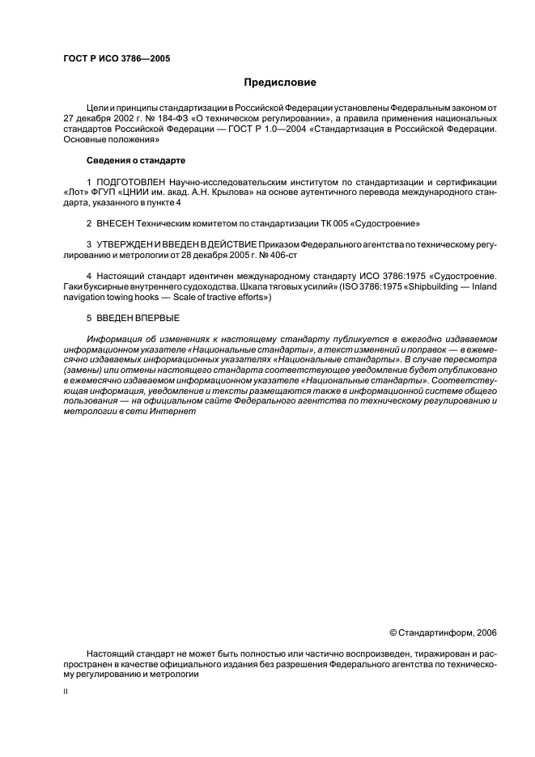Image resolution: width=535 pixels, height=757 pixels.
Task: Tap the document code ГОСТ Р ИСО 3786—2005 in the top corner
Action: tap(116, 58)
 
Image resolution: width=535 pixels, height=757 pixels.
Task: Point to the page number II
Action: tap(66, 692)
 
